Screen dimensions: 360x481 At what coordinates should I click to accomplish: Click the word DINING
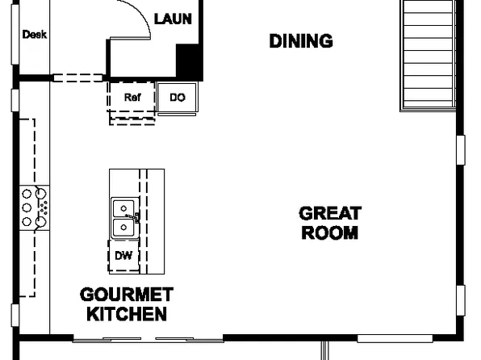point(300,41)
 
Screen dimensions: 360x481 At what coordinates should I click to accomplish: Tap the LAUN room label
point(173,18)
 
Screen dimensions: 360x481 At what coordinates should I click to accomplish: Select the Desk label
point(34,35)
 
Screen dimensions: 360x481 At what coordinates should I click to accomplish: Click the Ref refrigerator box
point(132,97)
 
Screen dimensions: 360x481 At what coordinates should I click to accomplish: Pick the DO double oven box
point(178,98)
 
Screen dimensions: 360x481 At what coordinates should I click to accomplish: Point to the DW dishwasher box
point(123,256)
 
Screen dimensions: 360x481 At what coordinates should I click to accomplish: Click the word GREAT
point(330,214)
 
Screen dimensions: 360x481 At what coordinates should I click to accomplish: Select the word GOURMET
point(126,294)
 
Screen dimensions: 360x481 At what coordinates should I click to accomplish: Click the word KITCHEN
point(127,313)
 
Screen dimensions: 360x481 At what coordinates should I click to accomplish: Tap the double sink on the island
point(123,218)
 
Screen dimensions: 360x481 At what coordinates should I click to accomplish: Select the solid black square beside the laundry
point(188,61)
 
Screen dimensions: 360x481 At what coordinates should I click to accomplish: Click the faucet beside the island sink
point(137,217)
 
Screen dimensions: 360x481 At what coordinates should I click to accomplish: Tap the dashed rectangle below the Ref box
point(132,119)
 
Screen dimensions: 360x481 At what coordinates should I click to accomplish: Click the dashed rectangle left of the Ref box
point(79,78)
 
